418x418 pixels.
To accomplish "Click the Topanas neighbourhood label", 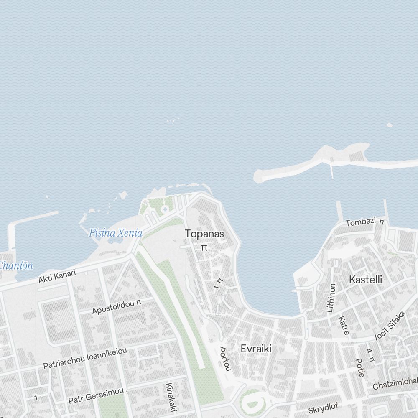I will coord(204,234).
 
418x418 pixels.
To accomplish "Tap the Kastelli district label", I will coord(365,280).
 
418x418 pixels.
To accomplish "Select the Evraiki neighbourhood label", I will coord(256,348).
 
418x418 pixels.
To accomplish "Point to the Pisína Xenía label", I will coord(116,233).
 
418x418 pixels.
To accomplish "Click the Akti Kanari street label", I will coord(57,277).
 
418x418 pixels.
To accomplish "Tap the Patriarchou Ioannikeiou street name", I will coord(85,358).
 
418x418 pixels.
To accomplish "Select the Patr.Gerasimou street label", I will coord(96,395).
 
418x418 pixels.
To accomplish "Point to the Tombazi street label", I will coord(361,222).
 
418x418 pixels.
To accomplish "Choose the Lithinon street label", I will coord(331,298).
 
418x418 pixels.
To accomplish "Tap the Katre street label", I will coord(343,325).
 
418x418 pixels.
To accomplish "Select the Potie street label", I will coord(359,367).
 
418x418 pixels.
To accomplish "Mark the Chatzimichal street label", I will coord(395,383).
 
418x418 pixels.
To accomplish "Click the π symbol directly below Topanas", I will coord(204,248).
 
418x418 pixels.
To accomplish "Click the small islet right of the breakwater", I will coord(389,125).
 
